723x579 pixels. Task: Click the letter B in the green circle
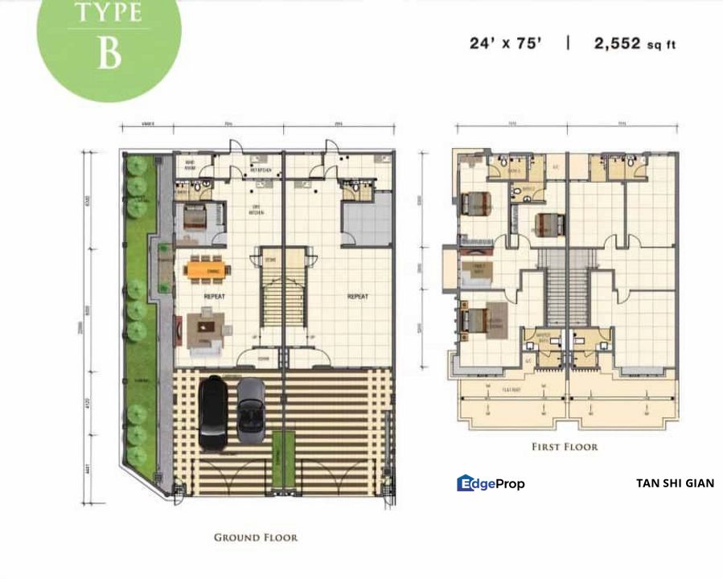pyautogui.click(x=109, y=51)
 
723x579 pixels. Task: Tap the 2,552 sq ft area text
pyautogui.click(x=635, y=43)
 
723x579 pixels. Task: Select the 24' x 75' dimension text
pyautogui.click(x=507, y=43)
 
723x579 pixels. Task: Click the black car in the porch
pyautogui.click(x=214, y=413)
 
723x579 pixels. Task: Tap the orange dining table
pyautogui.click(x=207, y=269)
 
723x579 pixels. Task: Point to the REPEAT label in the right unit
pyautogui.click(x=357, y=296)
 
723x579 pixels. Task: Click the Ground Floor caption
pyautogui.click(x=256, y=537)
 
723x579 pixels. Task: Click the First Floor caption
pyautogui.click(x=564, y=446)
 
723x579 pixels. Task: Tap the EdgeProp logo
pyautogui.click(x=491, y=483)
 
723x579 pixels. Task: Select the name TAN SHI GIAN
pyautogui.click(x=674, y=483)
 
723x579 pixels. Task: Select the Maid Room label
pyautogui.click(x=191, y=165)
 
